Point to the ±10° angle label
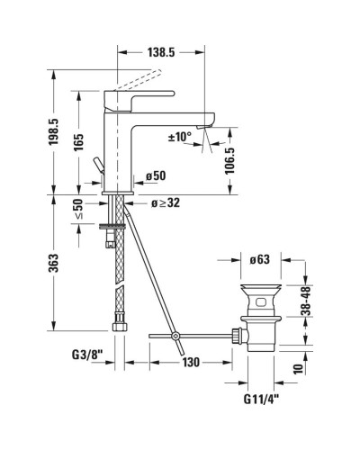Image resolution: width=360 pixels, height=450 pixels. [x=180, y=138]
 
